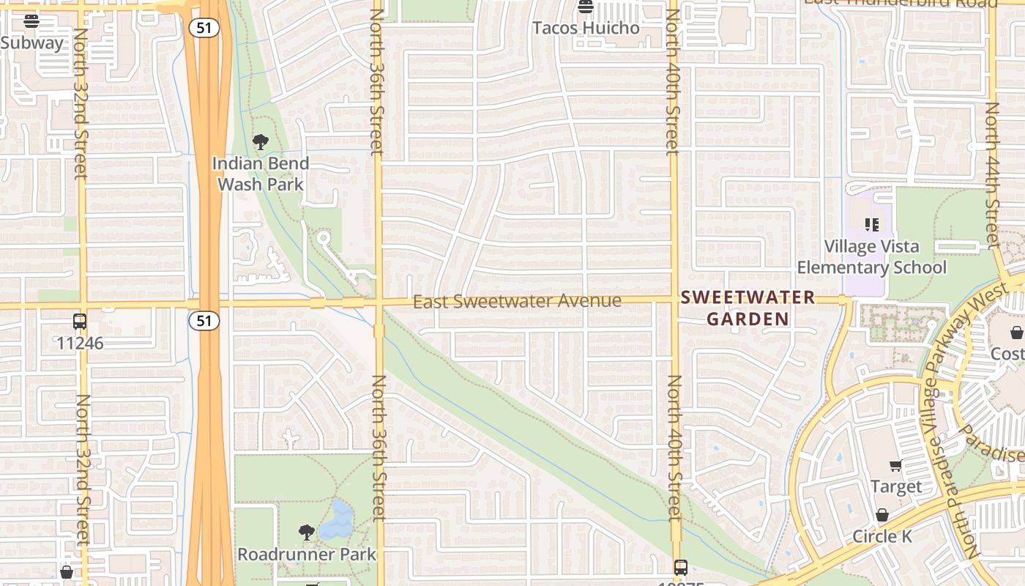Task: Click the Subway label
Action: pyautogui.click(x=31, y=42)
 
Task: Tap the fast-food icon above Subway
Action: pyautogui.click(x=31, y=21)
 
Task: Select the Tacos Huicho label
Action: pyautogui.click(x=586, y=28)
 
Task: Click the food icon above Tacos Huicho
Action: pyautogui.click(x=585, y=7)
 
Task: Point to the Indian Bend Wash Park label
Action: pyautogui.click(x=261, y=174)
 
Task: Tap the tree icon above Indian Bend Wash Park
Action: pyautogui.click(x=260, y=141)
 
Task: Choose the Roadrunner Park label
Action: pyautogui.click(x=306, y=555)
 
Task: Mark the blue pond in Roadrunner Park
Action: pyautogui.click(x=337, y=522)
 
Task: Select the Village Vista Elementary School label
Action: pyautogui.click(x=871, y=257)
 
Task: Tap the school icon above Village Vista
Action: pyautogui.click(x=871, y=224)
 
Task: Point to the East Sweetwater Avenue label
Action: pyautogui.click(x=517, y=301)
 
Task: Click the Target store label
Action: pyautogui.click(x=896, y=486)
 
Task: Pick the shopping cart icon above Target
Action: pyautogui.click(x=895, y=466)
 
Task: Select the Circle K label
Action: pyautogui.click(x=882, y=537)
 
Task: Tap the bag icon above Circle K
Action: pyautogui.click(x=882, y=515)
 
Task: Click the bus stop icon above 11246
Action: pyautogui.click(x=80, y=321)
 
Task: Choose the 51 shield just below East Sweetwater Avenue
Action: pyautogui.click(x=204, y=320)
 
